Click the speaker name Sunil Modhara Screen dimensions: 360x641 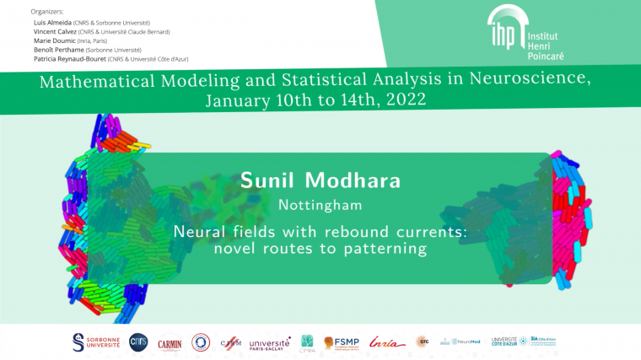[320, 180]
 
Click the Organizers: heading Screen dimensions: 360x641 [46, 12]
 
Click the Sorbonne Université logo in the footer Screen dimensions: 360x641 [96, 341]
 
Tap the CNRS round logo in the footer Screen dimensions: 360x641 [138, 341]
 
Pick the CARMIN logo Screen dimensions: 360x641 [170, 342]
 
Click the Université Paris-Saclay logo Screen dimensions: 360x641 [270, 342]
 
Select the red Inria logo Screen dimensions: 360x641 [386, 342]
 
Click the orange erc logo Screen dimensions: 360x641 [422, 341]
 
